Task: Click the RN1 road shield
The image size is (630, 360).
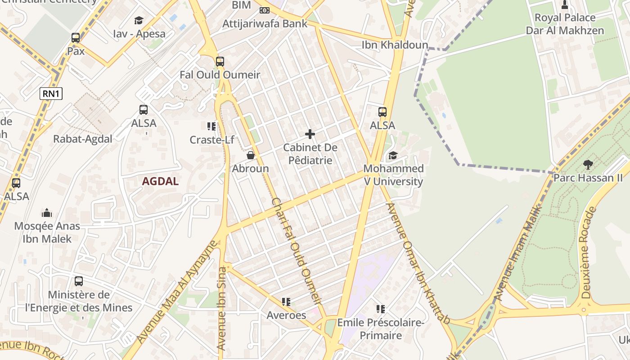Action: coord(51,94)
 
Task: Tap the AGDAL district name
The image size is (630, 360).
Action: coord(160,181)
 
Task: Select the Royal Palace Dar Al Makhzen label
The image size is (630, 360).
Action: coord(565,24)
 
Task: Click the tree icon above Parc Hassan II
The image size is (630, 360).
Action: coord(588,165)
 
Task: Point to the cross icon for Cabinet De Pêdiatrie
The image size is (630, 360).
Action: coord(310,134)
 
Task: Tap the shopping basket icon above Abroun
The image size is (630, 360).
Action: coord(251,156)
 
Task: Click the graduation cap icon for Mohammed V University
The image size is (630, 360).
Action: coord(393,156)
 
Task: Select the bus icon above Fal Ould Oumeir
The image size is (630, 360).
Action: coord(220,62)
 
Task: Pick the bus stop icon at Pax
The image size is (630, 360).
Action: coord(76,38)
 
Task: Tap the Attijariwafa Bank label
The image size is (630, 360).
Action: coord(265,23)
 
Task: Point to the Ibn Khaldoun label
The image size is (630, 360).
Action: coord(395,45)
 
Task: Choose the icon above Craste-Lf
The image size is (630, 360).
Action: coord(211,126)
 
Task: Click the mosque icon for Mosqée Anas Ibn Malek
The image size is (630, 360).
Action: coord(47,213)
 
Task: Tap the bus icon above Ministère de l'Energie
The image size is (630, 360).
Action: coord(79,281)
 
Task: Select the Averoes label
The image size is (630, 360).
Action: coord(286,315)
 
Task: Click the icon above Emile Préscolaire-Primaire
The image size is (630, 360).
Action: coord(381,309)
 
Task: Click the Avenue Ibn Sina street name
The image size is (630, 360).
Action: coord(221,309)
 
